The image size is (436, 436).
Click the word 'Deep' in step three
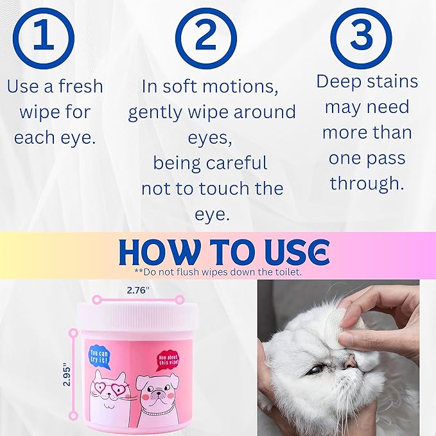tap(340, 82)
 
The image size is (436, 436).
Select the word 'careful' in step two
tap(241, 163)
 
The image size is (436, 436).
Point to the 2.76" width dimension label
tap(137, 290)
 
